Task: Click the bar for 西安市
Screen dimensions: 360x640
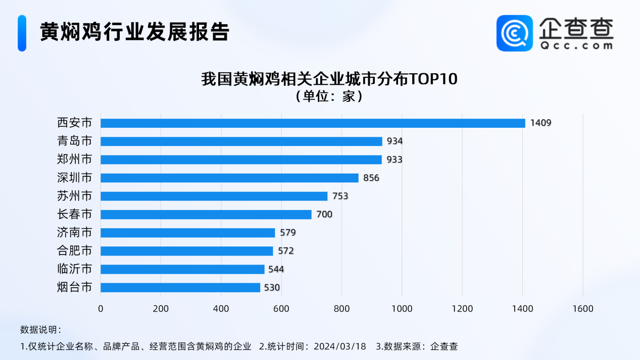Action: [x=313, y=123]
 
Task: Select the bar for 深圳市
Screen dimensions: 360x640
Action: [x=229, y=178]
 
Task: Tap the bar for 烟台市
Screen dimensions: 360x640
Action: [x=180, y=287]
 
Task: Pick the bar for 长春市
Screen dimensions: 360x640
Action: [x=206, y=215]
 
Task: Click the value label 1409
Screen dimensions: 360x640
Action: [x=540, y=123]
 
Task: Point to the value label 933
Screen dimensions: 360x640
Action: [x=394, y=160]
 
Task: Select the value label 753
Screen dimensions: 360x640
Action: [x=340, y=196]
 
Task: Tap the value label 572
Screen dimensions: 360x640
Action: [x=285, y=251]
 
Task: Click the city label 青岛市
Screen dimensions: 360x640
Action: [x=75, y=141]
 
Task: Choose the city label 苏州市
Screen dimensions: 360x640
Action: [x=75, y=196]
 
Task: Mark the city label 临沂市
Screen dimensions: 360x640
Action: [x=75, y=269]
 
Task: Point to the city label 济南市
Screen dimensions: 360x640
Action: [x=75, y=233]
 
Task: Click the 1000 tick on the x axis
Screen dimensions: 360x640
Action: [x=402, y=308]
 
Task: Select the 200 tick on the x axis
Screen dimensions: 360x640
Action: [x=161, y=308]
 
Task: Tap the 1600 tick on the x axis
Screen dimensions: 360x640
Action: [x=583, y=308]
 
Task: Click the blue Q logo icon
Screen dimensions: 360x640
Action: [x=515, y=33]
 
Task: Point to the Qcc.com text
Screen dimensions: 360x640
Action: [x=576, y=45]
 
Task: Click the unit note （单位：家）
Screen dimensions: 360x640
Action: [x=329, y=96]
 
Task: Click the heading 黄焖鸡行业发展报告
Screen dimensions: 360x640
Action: [x=135, y=32]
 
